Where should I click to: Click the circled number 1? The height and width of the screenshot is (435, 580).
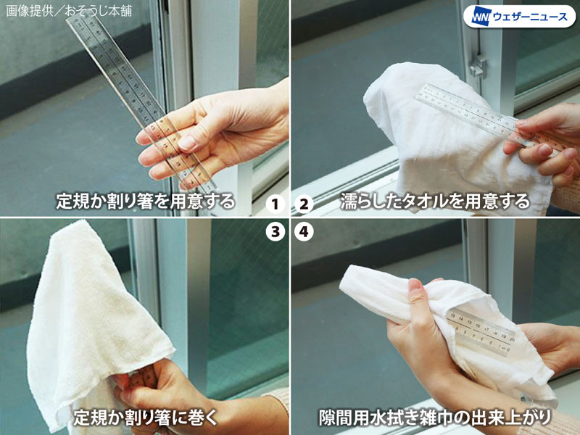(x=275, y=204)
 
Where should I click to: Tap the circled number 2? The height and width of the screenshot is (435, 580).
(x=304, y=204)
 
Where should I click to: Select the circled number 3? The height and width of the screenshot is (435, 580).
(x=275, y=232)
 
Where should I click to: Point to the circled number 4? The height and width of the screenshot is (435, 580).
(x=304, y=232)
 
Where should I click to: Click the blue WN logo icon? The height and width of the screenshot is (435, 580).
(x=481, y=17)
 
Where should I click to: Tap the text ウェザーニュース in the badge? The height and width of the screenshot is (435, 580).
(x=530, y=17)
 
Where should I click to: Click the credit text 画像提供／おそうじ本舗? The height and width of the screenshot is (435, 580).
(x=69, y=11)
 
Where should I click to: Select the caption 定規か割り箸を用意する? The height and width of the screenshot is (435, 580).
(x=146, y=202)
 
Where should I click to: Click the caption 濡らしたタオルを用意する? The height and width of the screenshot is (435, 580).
(x=435, y=202)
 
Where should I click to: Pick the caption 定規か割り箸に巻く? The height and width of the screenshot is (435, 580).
(x=146, y=418)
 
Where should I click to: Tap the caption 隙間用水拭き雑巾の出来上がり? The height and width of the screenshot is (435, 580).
(x=435, y=418)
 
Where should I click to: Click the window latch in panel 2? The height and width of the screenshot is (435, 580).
(x=478, y=66)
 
